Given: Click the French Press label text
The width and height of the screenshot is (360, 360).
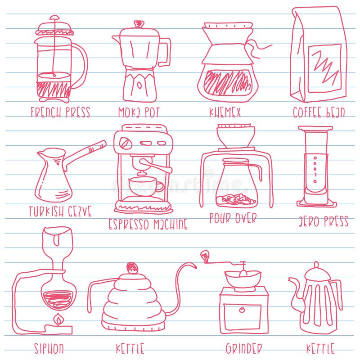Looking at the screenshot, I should pyautogui.click(x=60, y=112).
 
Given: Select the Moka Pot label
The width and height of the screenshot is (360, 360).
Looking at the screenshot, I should pyautogui.click(x=139, y=112).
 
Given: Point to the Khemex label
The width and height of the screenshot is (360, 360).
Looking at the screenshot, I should pyautogui.click(x=225, y=112).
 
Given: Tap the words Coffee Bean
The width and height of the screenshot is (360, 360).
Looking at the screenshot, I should pyautogui.click(x=319, y=112).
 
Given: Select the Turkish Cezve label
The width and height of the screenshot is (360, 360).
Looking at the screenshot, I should pyautogui.click(x=60, y=211).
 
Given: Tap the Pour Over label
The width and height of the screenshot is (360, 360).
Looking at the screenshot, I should pyautogui.click(x=233, y=218).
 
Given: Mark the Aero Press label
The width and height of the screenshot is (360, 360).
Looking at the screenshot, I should pyautogui.click(x=323, y=221).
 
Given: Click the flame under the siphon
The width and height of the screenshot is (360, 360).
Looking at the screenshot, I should pyautogui.click(x=58, y=320).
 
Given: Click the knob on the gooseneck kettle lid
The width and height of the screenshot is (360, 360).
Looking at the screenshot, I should pyautogui.click(x=132, y=268).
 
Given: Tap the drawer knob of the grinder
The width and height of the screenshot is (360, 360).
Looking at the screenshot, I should pyautogui.click(x=242, y=310).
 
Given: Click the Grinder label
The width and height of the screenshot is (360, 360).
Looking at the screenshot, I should pyautogui.click(x=243, y=348).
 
